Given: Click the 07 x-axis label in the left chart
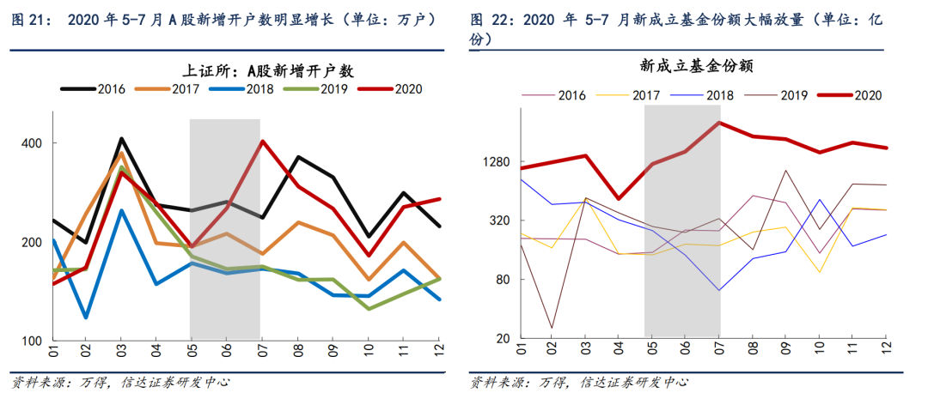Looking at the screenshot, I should click(x=260, y=353).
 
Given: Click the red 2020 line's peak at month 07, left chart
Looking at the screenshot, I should click(x=261, y=142).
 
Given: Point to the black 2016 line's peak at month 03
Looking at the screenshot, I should click(x=122, y=138).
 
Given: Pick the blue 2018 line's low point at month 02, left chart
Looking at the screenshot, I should click(x=87, y=317).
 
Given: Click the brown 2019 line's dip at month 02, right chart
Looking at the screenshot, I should click(x=553, y=328).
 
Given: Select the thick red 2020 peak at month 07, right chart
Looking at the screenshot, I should click(x=719, y=123).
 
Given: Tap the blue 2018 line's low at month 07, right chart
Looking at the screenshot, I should click(x=719, y=290).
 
